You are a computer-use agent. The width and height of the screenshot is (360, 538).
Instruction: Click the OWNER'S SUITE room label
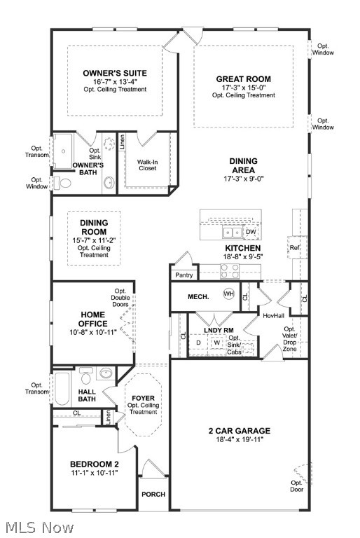pos(115,73)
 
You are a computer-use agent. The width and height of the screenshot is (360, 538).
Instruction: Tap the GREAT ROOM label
pos(243,79)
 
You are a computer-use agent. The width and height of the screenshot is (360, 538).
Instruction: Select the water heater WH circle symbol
pos(228,294)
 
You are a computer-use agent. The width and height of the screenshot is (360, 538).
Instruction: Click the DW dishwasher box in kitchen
pos(251,232)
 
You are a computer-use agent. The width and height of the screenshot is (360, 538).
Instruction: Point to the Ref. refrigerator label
pos(294,247)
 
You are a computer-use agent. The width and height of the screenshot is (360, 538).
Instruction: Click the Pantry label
pos(184,275)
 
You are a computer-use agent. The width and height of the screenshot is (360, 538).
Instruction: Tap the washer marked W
pos(216,343)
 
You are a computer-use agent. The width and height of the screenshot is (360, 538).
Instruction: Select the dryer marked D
pos(198,343)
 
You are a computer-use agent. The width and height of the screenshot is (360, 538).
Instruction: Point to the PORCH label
pos(153,494)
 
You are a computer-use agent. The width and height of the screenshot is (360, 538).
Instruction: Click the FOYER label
pos(143,398)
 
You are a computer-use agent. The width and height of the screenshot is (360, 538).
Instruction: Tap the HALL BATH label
pos(88,396)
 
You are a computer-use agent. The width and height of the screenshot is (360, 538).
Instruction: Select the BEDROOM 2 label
pos(95,464)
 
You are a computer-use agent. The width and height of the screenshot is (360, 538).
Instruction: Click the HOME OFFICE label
pos(88,319)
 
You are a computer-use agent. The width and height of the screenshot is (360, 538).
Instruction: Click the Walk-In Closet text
pos(146,165)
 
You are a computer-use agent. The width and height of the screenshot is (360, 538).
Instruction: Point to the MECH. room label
pos(198,297)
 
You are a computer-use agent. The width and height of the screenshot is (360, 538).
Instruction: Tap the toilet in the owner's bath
pos(64,183)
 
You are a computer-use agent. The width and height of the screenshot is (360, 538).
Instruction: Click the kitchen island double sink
pos(229,232)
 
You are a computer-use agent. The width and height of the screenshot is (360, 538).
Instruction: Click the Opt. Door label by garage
pos(298,485)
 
